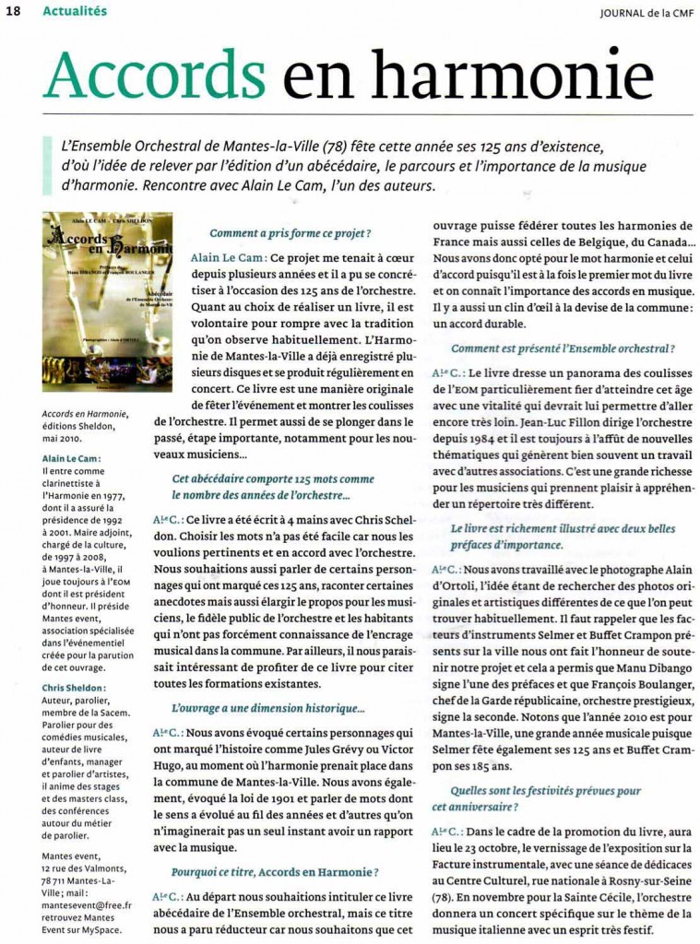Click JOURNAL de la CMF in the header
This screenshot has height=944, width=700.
click(x=646, y=12)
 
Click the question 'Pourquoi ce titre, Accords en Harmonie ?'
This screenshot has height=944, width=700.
click(x=275, y=871)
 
